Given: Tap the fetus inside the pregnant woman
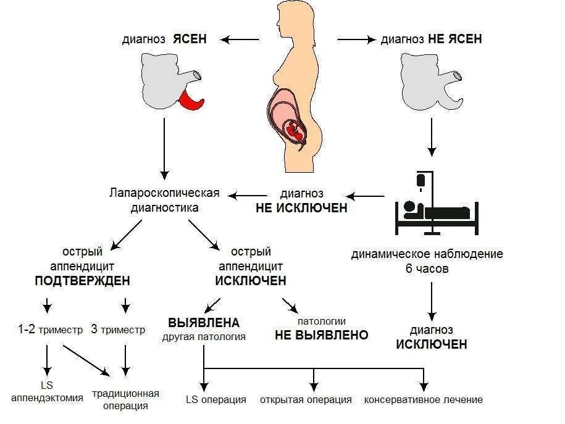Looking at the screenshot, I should [x=296, y=130].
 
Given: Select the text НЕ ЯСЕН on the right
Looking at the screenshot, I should [x=454, y=39].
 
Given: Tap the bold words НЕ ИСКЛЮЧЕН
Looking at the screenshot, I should [x=301, y=208].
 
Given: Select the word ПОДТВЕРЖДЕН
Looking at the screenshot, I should [x=83, y=281].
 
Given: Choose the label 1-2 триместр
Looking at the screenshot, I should [x=50, y=330].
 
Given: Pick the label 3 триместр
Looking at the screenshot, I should [x=118, y=330].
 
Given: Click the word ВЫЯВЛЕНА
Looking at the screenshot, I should [x=204, y=323].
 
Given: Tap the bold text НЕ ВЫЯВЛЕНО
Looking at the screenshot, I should [x=321, y=335].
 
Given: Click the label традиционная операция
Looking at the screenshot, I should [x=126, y=399].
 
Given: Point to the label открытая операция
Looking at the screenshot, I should [x=306, y=399].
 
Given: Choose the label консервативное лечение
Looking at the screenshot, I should [x=424, y=399].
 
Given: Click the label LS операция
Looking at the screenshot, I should [x=216, y=399].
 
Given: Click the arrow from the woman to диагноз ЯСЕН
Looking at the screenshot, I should [x=241, y=39].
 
